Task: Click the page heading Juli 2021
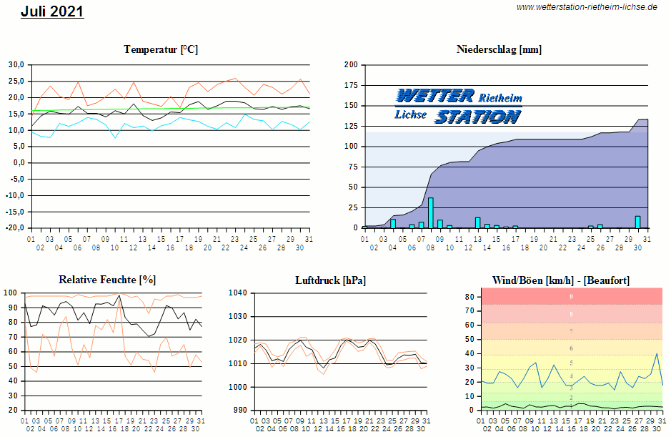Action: pyautogui.click(x=52, y=11)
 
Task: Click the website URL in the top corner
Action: pyautogui.click(x=586, y=6)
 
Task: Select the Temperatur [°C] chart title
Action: pyautogui.click(x=161, y=49)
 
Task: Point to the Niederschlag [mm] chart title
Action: pyautogui.click(x=499, y=49)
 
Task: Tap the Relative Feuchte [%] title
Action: pyautogui.click(x=107, y=280)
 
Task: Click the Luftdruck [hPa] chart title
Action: pyautogui.click(x=330, y=280)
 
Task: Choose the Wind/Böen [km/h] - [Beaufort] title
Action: pyautogui.click(x=561, y=280)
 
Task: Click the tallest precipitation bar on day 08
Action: pyautogui.click(x=430, y=212)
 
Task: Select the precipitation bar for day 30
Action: pyautogui.click(x=637, y=222)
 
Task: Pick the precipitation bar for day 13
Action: pyautogui.click(x=477, y=222)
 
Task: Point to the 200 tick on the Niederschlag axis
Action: pyautogui.click(x=351, y=64)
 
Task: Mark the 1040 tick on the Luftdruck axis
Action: pyautogui.click(x=237, y=293)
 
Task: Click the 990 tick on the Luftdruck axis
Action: pyautogui.click(x=239, y=411)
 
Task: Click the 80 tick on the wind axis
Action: pyautogui.click(x=469, y=296)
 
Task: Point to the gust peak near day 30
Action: pyautogui.click(x=657, y=353)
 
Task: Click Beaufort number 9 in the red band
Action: pyautogui.click(x=571, y=296)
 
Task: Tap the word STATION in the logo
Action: pyautogui.click(x=477, y=117)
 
